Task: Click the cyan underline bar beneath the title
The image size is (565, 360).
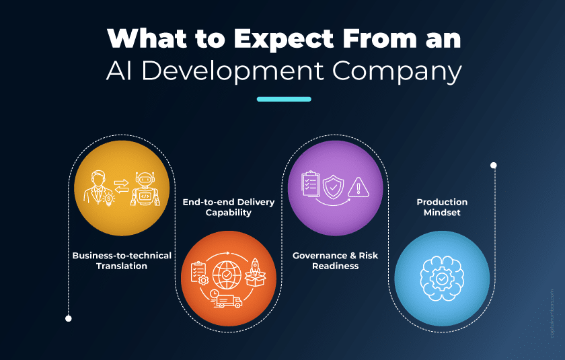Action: [x=284, y=99]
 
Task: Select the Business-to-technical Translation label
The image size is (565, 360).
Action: [x=122, y=260]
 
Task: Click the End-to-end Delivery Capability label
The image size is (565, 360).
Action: [x=228, y=207]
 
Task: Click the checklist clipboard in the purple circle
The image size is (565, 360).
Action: [x=311, y=183]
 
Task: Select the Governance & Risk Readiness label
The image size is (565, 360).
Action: [x=334, y=260]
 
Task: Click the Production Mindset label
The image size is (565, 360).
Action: [x=441, y=207]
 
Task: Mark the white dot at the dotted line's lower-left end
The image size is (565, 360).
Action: [x=68, y=318]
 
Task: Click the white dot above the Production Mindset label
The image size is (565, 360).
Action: [x=493, y=165]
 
